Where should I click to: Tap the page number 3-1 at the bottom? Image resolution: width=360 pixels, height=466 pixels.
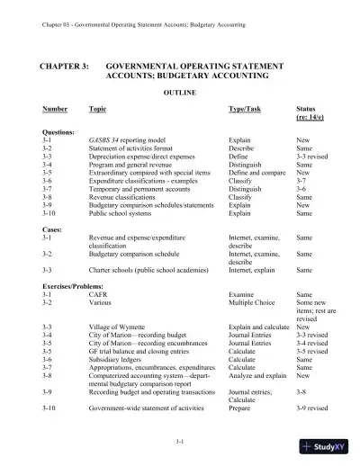point(180,442)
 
